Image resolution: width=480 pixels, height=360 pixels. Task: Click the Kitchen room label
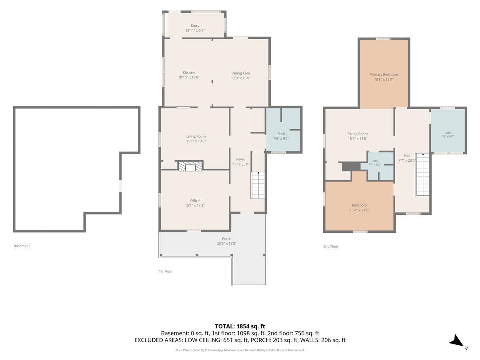pos(189,72)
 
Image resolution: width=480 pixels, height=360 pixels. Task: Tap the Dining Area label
pos(240,73)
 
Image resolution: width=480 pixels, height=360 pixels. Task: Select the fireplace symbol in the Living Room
pos(190,166)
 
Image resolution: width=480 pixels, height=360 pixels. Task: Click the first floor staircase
pos(258,185)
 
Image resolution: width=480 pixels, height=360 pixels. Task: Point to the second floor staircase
pos(423,175)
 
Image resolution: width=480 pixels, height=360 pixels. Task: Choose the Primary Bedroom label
pos(384,74)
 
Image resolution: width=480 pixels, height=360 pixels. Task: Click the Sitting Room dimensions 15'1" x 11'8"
pos(357,138)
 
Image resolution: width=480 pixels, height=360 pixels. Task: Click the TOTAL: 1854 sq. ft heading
pos(240,326)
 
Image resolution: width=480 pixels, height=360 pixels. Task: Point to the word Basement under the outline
pos(22,246)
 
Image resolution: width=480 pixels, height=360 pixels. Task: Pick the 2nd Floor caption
pos(331,246)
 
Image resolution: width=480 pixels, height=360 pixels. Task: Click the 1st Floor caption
pos(166,271)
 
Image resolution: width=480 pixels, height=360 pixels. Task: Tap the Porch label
pos(226,239)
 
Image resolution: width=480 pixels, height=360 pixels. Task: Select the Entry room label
pos(195,26)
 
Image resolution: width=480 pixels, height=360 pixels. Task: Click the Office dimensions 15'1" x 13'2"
pos(195,205)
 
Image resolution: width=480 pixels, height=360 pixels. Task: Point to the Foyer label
pos(240,159)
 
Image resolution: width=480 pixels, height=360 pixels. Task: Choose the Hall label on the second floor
pos(407,156)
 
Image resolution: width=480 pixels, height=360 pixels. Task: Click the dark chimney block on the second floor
pos(351,167)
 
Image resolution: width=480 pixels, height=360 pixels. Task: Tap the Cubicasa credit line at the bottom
pos(240,350)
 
